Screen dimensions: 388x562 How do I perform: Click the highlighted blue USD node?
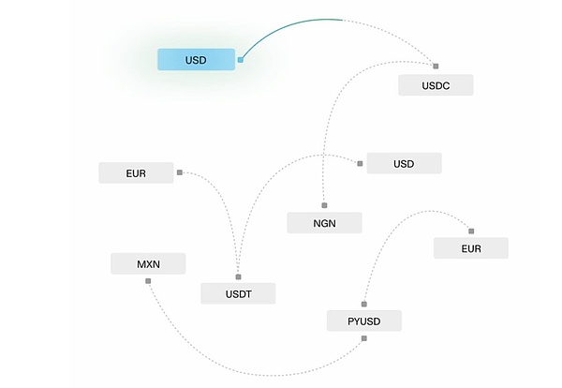pos(196,60)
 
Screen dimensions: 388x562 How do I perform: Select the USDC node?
pos(436,85)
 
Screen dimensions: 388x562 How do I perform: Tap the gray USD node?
pos(404,163)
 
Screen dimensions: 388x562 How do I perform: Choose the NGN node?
pos(324,222)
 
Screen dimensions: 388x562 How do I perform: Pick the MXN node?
pos(148,263)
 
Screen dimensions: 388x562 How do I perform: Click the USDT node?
pos(238,293)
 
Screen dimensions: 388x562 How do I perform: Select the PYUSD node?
pos(364,321)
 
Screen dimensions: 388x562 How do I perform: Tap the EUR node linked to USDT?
pos(136,172)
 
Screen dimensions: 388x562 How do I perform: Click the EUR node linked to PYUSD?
pos(470,248)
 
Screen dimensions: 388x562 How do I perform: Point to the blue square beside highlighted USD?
pos(241,59)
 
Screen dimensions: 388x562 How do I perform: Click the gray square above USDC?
pos(436,65)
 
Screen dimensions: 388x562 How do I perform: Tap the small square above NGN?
pos(324,203)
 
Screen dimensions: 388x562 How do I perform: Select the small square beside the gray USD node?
pos(360,163)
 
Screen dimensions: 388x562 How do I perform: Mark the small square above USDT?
pos(238,276)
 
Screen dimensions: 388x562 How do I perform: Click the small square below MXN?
pos(148,281)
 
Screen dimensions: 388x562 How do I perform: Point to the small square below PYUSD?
pos(364,339)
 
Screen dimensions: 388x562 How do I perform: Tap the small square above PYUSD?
pos(364,304)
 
